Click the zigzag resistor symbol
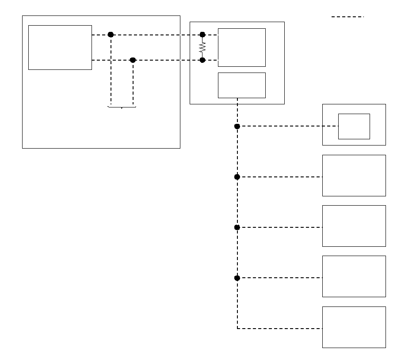pyautogui.click(x=202, y=47)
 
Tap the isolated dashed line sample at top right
pyautogui.click(x=347, y=17)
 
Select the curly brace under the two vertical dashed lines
pyautogui.click(x=122, y=107)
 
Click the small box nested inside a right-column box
pyautogui.click(x=354, y=126)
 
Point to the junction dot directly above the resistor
pyautogui.click(x=202, y=34)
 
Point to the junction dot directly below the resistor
pyautogui.click(x=202, y=60)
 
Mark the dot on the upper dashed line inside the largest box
pyautogui.click(x=111, y=34)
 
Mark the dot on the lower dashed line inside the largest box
pyautogui.click(x=133, y=60)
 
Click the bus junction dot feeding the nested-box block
pyautogui.click(x=237, y=126)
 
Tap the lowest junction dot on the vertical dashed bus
pyautogui.click(x=237, y=278)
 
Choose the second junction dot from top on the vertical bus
pyautogui.click(x=237, y=177)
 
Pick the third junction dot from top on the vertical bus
pyautogui.click(x=237, y=227)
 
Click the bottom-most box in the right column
pyautogui.click(x=354, y=327)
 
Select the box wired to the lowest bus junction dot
pyautogui.click(x=354, y=276)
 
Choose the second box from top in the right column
pyautogui.click(x=354, y=176)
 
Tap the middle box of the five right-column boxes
pyautogui.click(x=354, y=226)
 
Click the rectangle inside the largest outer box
pyautogui.click(x=60, y=47)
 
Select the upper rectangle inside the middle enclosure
pyautogui.click(x=242, y=47)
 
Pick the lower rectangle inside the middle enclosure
pyautogui.click(x=242, y=85)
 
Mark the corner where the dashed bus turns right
pyautogui.click(x=237, y=329)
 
